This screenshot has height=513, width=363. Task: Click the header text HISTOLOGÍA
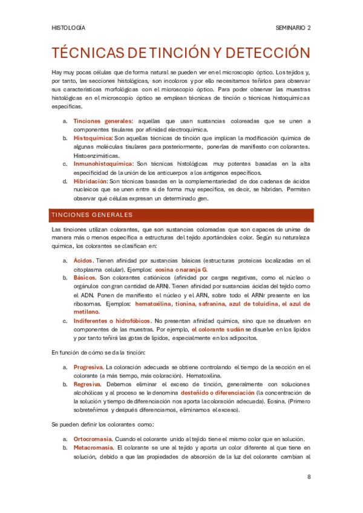pyautogui.click(x=68, y=28)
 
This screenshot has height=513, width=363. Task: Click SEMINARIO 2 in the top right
pyautogui.click(x=293, y=28)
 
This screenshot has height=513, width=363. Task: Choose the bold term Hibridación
pyautogui.click(x=90, y=180)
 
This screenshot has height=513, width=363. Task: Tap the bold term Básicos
pyautogui.click(x=84, y=277)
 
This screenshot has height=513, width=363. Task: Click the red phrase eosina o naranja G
pyautogui.click(x=181, y=269)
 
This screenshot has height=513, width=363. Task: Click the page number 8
pyautogui.click(x=309, y=477)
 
